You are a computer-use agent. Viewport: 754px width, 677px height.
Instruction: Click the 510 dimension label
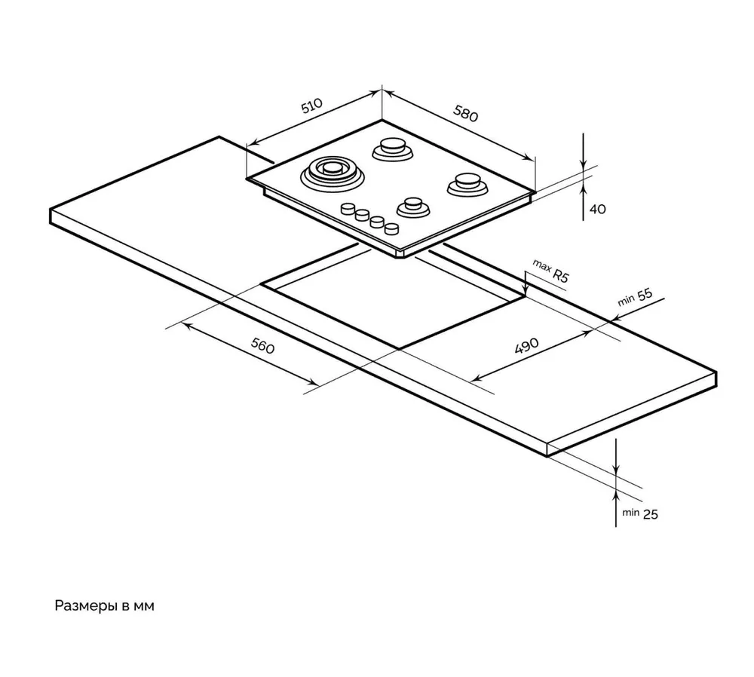click(311, 106)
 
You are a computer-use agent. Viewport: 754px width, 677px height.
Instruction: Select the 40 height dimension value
click(597, 210)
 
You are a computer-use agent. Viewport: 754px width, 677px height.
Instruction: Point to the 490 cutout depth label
click(526, 346)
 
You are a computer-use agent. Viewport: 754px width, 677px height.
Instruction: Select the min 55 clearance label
click(635, 297)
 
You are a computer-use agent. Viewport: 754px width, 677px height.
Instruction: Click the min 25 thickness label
click(640, 513)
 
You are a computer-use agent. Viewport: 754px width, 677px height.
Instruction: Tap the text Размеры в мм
click(104, 606)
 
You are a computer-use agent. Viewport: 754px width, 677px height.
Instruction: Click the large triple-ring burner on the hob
click(333, 173)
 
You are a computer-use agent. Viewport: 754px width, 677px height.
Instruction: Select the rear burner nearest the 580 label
click(393, 149)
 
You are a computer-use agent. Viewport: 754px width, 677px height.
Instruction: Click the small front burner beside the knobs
click(412, 206)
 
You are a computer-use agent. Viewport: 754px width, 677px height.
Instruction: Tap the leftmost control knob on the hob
click(348, 210)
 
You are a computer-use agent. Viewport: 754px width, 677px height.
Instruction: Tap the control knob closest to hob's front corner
click(391, 228)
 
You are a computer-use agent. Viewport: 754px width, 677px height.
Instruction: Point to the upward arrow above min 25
click(617, 495)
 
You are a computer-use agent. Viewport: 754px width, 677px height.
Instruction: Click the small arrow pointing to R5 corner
click(526, 286)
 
